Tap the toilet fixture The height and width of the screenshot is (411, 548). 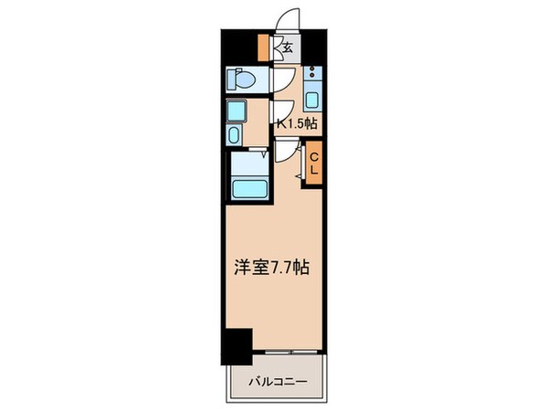click(x=244, y=79)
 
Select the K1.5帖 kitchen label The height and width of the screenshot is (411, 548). click(x=297, y=122)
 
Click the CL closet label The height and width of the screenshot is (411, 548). click(x=312, y=164)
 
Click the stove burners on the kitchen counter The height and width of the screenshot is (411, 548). click(x=311, y=72)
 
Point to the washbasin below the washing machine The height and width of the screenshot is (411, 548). click(x=234, y=136)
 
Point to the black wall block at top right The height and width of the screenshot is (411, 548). click(x=315, y=41)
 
